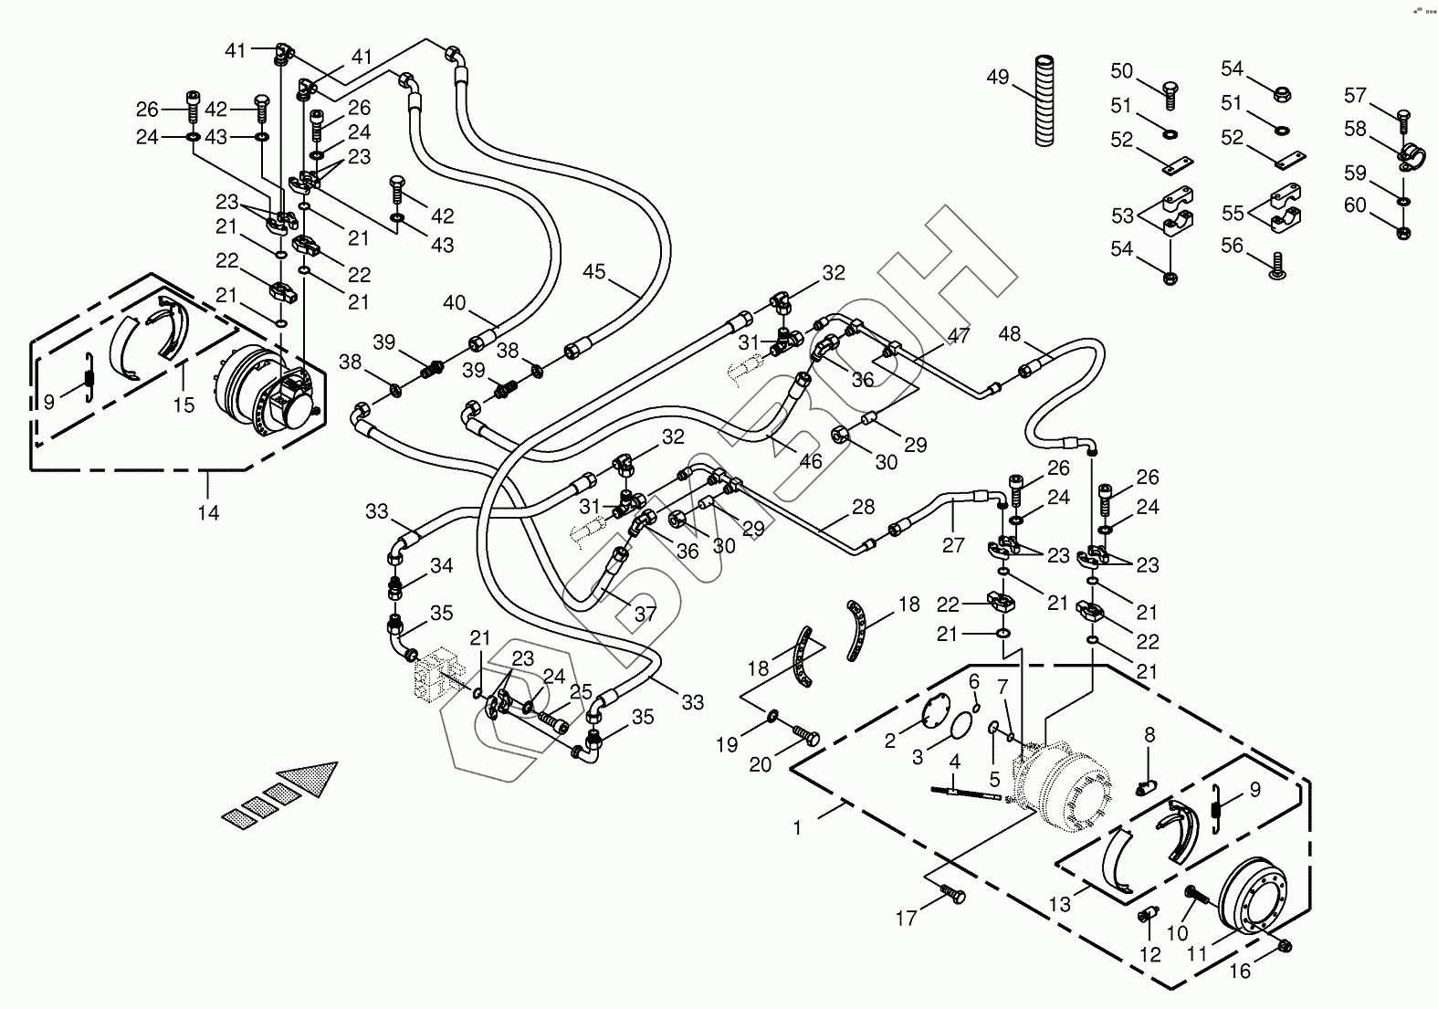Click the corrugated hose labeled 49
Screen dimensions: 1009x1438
point(1044,100)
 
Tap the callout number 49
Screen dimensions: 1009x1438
point(998,78)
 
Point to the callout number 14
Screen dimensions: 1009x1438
point(209,513)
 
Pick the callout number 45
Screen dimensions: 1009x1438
point(594,271)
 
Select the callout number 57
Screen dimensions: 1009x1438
point(1355,95)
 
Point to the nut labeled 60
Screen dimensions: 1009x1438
point(1403,232)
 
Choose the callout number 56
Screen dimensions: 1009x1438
point(1233,247)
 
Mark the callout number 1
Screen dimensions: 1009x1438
point(797,827)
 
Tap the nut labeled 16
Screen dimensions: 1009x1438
point(1286,947)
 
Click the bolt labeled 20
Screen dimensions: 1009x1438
point(807,735)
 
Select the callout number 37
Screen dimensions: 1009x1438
point(646,614)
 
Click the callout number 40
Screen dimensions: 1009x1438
point(454,303)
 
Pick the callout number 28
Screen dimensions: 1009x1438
point(863,507)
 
